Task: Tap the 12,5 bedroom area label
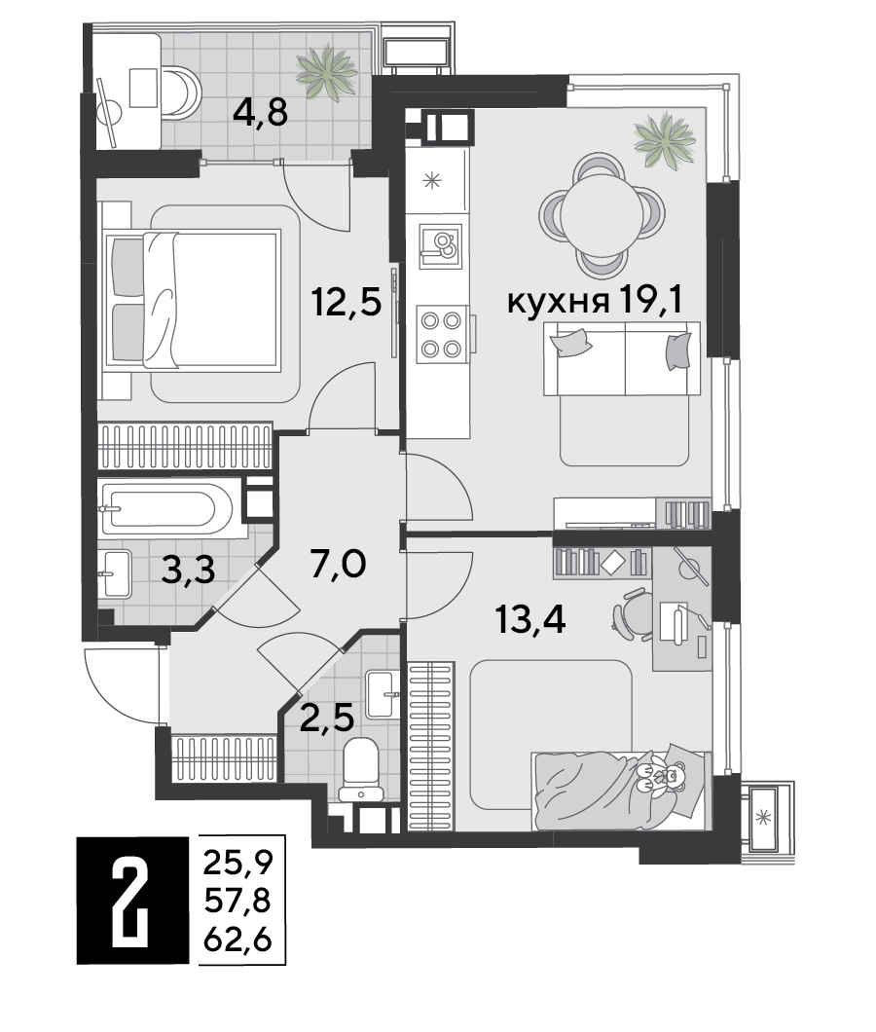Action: pos(347,304)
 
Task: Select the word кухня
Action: pos(557,303)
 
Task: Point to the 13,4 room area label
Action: pos(530,620)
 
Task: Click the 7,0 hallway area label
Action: pos(339,565)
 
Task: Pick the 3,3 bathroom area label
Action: pos(188,570)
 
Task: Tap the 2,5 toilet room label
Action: pos(326,718)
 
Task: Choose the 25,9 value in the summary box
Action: pos(237,863)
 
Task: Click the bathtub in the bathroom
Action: pos(165,509)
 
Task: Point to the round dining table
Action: pos(602,215)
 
